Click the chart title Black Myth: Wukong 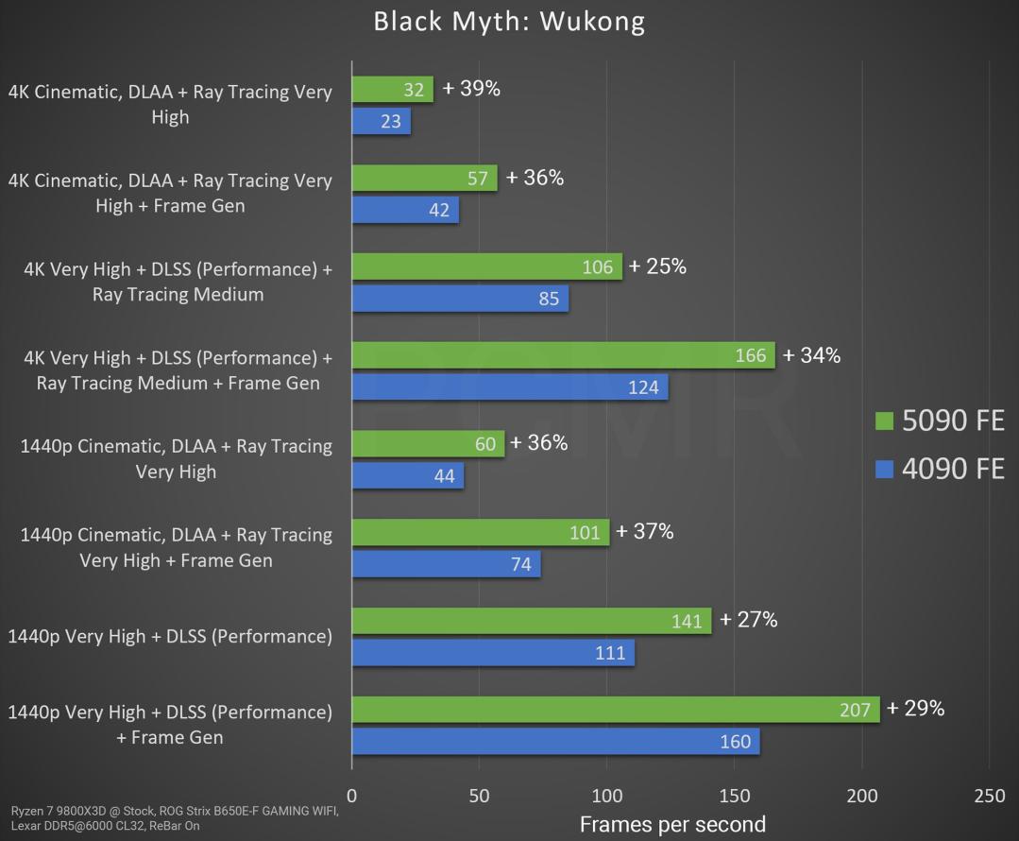509,21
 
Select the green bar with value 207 616,710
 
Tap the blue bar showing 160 555,742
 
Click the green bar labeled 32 392,90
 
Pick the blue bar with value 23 381,121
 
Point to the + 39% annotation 471,89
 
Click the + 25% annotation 657,266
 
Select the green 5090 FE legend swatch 884,421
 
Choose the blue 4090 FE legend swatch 884,469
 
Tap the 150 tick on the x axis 735,797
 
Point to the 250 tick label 990,797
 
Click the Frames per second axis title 672,825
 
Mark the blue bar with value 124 510,387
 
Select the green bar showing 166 563,355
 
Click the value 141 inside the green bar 687,621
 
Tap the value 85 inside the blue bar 549,300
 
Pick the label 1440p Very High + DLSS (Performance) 170,636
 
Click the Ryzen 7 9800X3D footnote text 175,818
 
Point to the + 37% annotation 644,532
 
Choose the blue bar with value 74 446,565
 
